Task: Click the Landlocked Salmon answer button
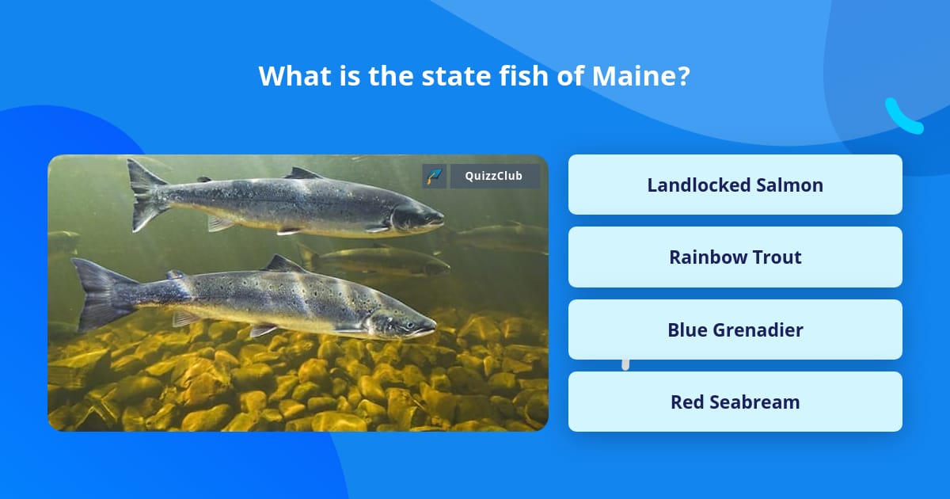click(x=735, y=185)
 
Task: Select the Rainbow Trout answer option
click(x=735, y=257)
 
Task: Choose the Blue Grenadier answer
click(x=735, y=329)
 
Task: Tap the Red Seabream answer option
click(x=735, y=402)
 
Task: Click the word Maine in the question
click(x=630, y=76)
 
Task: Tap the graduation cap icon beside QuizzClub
click(x=435, y=176)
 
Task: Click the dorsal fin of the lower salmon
click(x=283, y=264)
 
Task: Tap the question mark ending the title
click(x=683, y=76)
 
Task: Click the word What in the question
click(x=290, y=76)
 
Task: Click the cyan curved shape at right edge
click(x=902, y=117)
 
